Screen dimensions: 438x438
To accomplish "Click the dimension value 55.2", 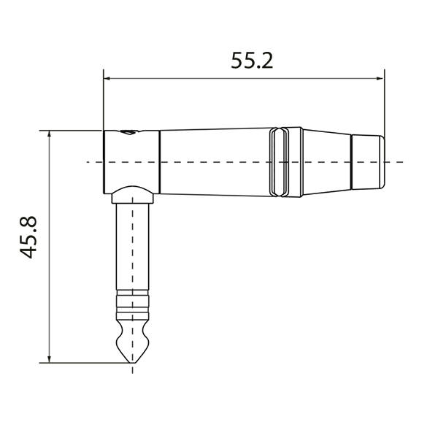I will [x=252, y=61].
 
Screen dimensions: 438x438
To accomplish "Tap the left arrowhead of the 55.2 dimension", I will [x=107, y=77].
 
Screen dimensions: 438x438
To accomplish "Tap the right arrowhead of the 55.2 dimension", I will [x=380, y=77].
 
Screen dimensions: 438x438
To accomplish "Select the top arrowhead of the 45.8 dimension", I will [x=49, y=135].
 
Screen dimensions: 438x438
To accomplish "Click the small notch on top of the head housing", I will [x=129, y=133].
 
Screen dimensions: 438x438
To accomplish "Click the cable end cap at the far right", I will [x=367, y=161].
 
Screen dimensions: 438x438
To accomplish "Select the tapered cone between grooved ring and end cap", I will [x=326, y=161].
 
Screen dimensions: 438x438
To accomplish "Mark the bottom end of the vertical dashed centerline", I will [x=132, y=371].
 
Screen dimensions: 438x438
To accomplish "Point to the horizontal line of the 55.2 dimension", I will [x=182, y=77].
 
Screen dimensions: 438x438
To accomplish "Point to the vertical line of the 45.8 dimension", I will [x=49, y=292].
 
